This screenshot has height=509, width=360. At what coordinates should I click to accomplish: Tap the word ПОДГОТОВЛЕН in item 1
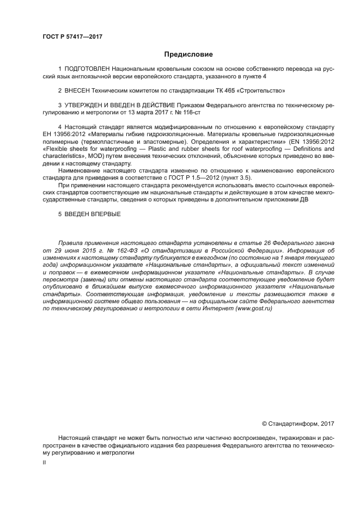[x=87, y=70]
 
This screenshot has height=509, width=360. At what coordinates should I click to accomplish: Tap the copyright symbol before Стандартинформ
[x=265, y=423]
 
